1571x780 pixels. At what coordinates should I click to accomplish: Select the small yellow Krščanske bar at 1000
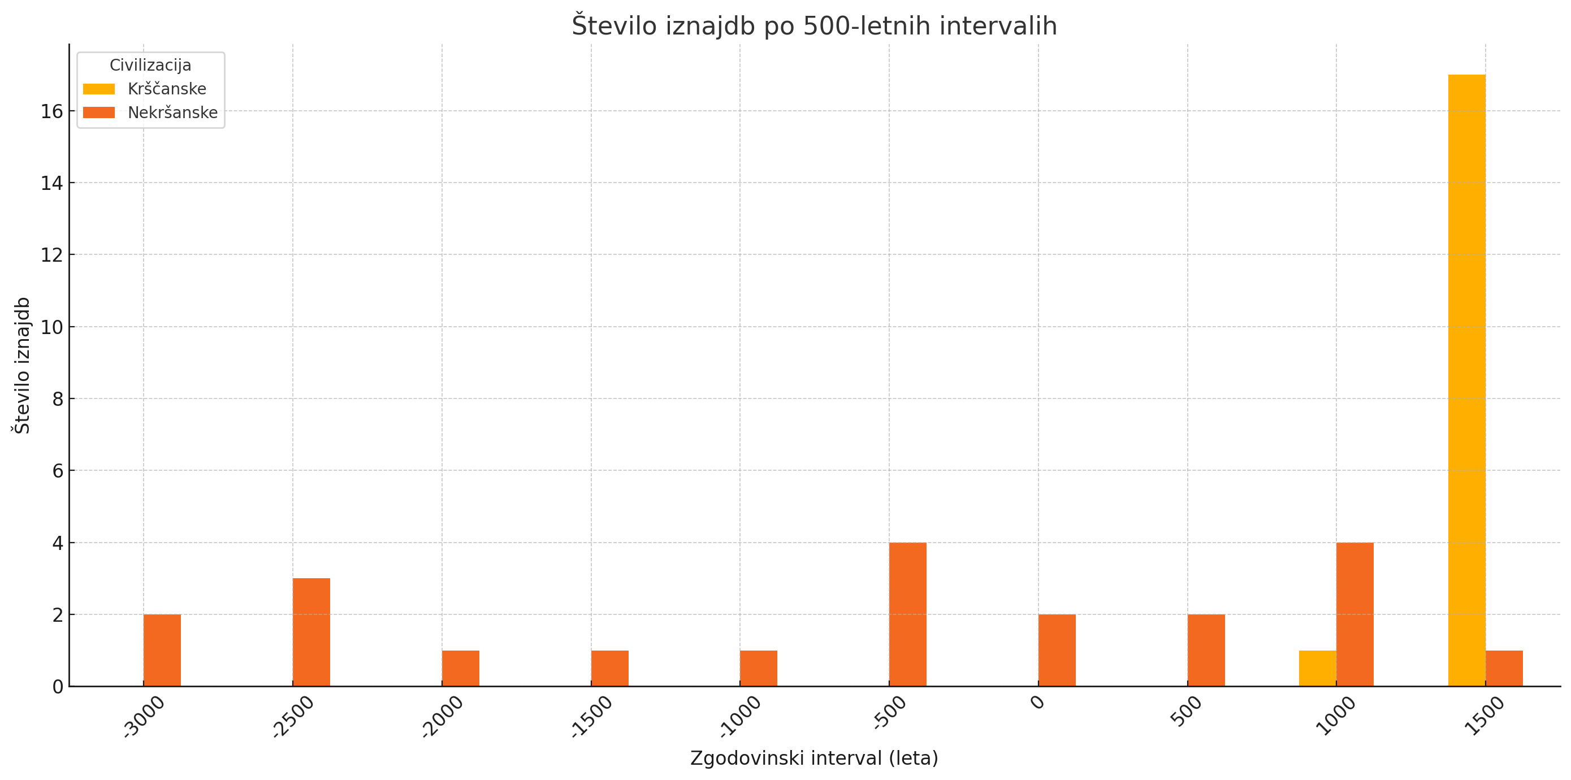[x=1317, y=669]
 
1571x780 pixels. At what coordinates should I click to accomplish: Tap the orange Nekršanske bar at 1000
[x=1354, y=614]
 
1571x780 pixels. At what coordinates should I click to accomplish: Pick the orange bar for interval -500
[x=907, y=614]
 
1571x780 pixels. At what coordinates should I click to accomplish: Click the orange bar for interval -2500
[x=311, y=632]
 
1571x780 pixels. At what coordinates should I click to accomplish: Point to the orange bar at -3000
[x=162, y=650]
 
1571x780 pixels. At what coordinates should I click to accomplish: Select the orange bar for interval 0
[x=1057, y=650]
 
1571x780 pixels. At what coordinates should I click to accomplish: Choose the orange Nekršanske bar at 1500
[x=1504, y=669]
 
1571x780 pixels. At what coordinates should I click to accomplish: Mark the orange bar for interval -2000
[x=460, y=669]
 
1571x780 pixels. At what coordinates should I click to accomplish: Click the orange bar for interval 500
[x=1206, y=650]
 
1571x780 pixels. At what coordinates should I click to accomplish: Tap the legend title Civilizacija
[x=150, y=65]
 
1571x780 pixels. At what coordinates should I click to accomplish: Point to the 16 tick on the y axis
[x=52, y=111]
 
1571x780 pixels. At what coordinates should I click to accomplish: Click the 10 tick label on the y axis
[x=52, y=327]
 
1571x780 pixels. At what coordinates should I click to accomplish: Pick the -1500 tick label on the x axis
[x=591, y=717]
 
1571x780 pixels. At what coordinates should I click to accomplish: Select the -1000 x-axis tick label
[x=741, y=717]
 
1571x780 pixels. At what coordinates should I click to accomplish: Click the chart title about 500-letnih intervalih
[x=814, y=25]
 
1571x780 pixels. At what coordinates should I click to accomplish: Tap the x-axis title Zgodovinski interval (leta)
[x=814, y=758]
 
